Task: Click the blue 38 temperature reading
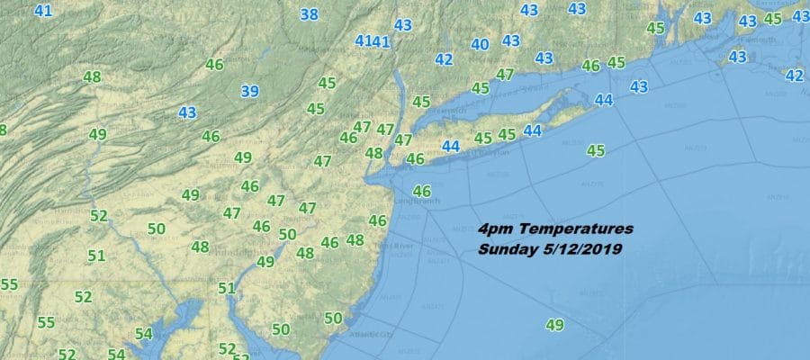pos(309,14)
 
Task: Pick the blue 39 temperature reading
pos(250,90)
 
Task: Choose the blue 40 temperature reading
pos(480,44)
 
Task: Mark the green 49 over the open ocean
pos(554,325)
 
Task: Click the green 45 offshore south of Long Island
pos(596,150)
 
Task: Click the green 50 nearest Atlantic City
pos(333,318)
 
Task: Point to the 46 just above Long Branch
pos(421,191)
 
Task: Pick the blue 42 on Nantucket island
pos(794,76)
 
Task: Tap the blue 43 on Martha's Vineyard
pos(738,57)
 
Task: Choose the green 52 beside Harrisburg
pos(99,215)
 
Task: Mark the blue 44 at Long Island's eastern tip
pos(604,99)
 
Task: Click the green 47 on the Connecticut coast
pos(505,75)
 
